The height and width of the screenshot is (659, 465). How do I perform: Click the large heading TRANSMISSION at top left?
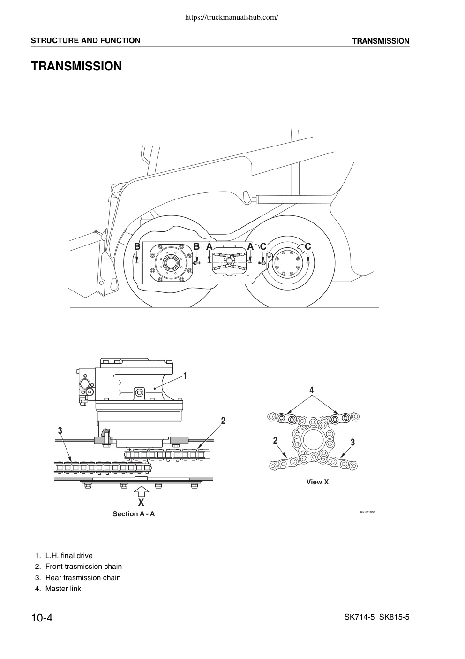tap(76, 66)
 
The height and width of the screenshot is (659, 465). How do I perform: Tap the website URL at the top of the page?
tap(232, 17)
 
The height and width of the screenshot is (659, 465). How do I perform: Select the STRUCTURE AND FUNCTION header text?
tap(85, 40)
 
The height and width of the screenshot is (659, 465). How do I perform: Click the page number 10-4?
tap(42, 618)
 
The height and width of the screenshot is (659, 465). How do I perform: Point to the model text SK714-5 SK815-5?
tap(377, 617)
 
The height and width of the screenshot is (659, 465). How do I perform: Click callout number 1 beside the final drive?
tap(185, 375)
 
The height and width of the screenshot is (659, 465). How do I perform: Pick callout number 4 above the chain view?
tap(312, 390)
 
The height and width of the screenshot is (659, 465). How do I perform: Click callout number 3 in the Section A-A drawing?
tap(60, 431)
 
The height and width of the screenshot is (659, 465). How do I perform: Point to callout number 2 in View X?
tap(275, 440)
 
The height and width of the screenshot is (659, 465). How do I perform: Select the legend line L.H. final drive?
tap(64, 556)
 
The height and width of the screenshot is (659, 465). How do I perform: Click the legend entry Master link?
tap(58, 589)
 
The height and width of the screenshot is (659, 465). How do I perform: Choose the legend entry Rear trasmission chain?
tap(78, 577)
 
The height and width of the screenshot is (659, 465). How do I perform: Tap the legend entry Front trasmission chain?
tap(78, 567)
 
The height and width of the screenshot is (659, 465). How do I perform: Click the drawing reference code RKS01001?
tap(367, 512)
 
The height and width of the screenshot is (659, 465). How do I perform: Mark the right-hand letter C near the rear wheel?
tap(308, 246)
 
